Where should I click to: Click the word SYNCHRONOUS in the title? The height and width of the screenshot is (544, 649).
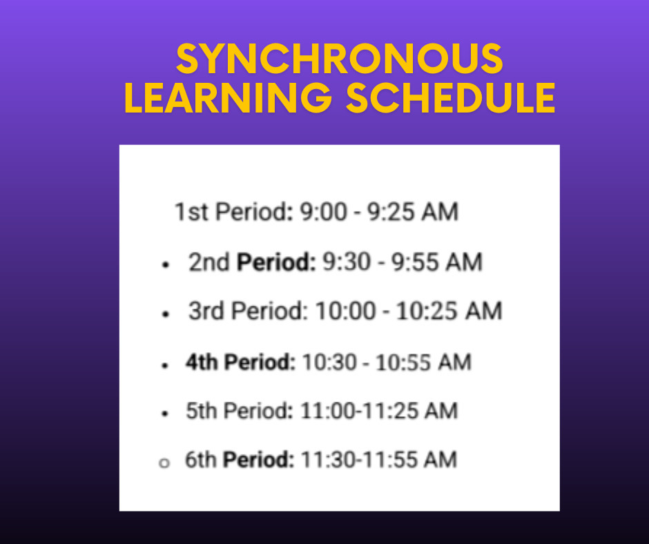(x=339, y=59)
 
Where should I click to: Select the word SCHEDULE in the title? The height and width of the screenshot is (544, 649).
(x=450, y=98)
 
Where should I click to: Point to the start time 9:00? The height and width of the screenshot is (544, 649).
(x=323, y=212)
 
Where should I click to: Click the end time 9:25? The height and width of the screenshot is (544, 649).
(x=396, y=212)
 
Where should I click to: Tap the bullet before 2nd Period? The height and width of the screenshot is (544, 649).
(x=165, y=265)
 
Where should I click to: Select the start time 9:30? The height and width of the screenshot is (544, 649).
(x=339, y=262)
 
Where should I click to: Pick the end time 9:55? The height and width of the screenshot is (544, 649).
(x=413, y=262)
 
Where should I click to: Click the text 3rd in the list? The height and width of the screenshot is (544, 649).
(x=206, y=311)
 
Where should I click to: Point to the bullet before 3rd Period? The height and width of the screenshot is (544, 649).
(x=165, y=314)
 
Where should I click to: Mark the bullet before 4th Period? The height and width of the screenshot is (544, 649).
(x=164, y=365)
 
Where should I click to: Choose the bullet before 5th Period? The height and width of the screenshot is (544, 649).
(x=164, y=414)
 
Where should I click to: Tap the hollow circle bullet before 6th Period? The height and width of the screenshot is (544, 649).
(x=164, y=463)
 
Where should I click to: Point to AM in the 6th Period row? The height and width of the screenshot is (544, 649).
(x=440, y=460)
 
